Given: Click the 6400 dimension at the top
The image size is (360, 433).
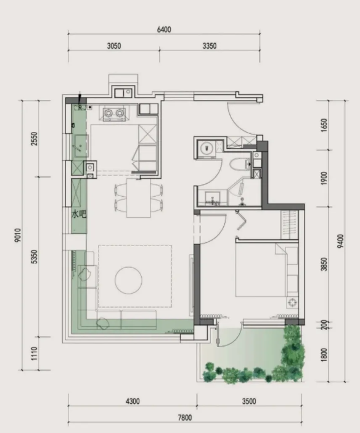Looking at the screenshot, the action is (x=164, y=30).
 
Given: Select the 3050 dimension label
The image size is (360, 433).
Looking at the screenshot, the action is (x=114, y=46).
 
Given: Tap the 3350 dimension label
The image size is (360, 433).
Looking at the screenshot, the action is (x=210, y=46).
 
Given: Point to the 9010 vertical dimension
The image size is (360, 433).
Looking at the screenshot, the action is (x=18, y=235).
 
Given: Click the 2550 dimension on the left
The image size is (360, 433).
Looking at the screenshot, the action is (x=34, y=139).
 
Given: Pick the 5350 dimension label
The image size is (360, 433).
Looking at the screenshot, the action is (x=34, y=257).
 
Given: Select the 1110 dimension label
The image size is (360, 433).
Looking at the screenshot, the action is (x=34, y=353).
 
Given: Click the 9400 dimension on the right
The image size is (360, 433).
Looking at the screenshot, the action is (x=341, y=241).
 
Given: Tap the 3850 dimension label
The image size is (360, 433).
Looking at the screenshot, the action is (x=324, y=264).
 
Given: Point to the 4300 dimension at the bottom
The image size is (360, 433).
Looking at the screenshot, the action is (x=133, y=402).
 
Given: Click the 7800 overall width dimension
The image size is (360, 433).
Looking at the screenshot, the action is (x=185, y=418).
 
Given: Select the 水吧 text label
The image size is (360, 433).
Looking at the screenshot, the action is (x=79, y=214).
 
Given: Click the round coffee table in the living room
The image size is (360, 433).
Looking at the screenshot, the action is (x=128, y=280).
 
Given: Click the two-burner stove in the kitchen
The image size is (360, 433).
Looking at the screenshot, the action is (x=114, y=113).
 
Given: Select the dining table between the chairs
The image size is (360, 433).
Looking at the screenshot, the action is (x=139, y=198).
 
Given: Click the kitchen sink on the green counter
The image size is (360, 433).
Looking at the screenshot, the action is (x=81, y=146).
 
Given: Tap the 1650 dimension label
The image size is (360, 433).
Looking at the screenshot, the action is (x=324, y=125).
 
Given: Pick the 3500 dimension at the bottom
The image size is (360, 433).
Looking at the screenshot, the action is (x=249, y=402).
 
